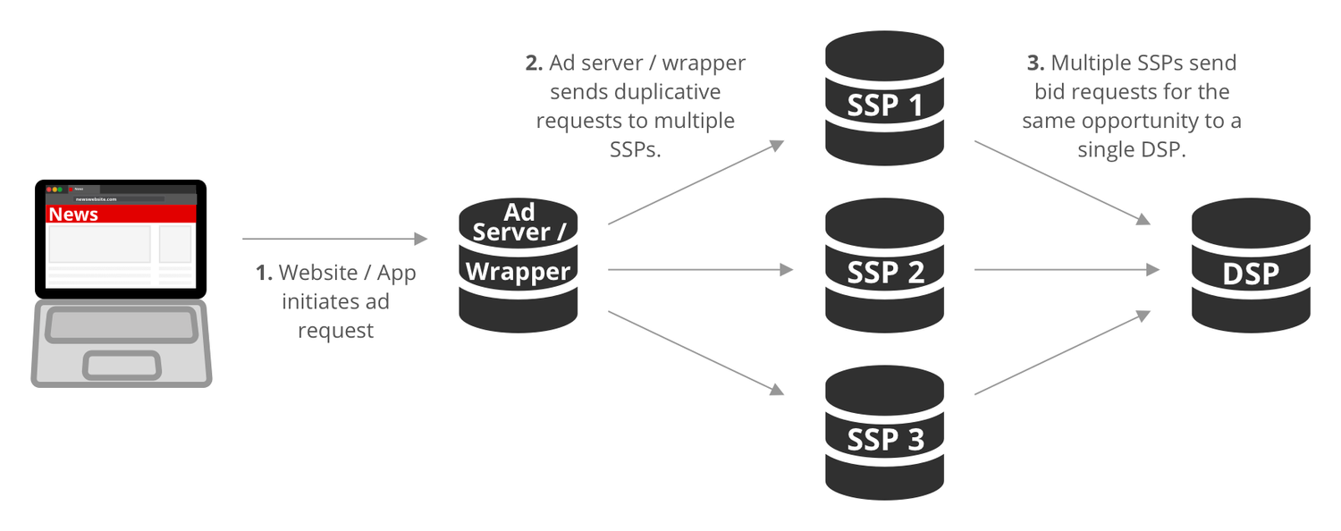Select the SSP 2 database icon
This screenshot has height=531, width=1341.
(884, 265)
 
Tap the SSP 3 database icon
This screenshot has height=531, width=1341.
(884, 433)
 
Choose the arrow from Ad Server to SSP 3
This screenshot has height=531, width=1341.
(696, 351)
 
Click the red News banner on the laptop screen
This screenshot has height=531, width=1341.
(121, 215)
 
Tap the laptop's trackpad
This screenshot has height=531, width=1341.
(122, 365)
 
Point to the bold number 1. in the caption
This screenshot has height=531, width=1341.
(264, 273)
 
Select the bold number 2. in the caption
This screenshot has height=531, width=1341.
(534, 63)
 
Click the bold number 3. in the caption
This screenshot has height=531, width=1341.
(1034, 63)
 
